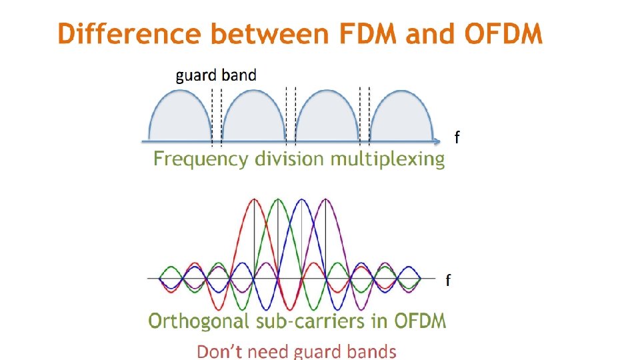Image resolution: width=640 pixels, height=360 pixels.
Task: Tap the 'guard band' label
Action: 215,75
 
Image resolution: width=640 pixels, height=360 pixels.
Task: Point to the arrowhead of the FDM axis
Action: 437,141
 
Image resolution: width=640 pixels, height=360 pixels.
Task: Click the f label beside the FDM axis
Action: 457,137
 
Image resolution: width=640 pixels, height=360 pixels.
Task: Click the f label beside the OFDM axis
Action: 448,280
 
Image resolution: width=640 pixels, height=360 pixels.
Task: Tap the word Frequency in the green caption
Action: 201,159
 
